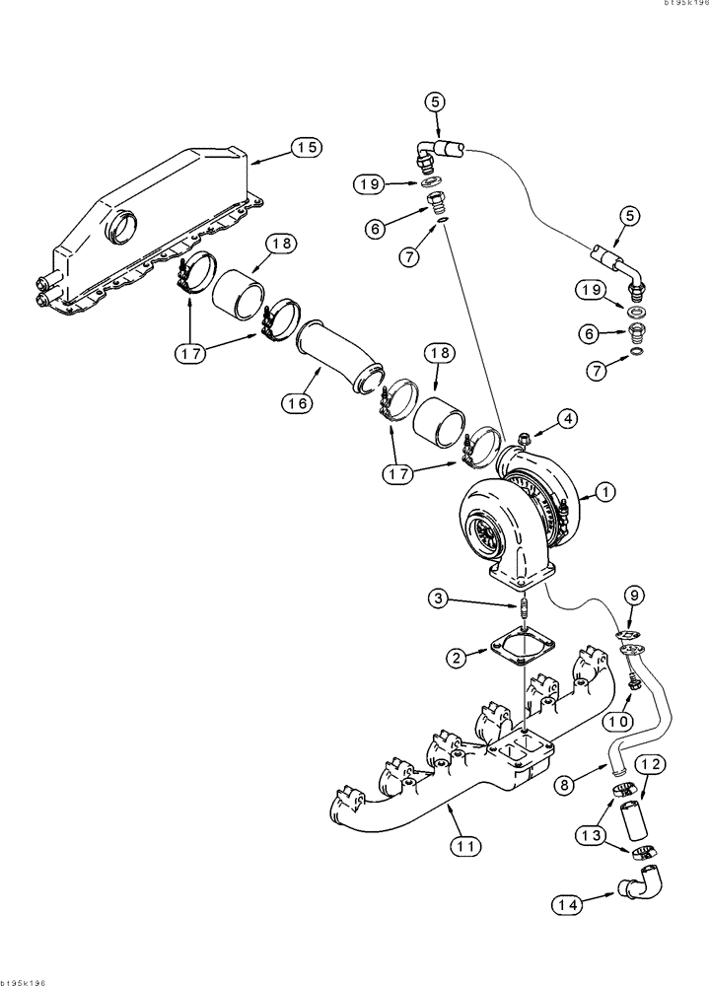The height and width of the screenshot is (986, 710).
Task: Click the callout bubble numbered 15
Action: tap(307, 148)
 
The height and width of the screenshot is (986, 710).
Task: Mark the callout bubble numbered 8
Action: tap(563, 786)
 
